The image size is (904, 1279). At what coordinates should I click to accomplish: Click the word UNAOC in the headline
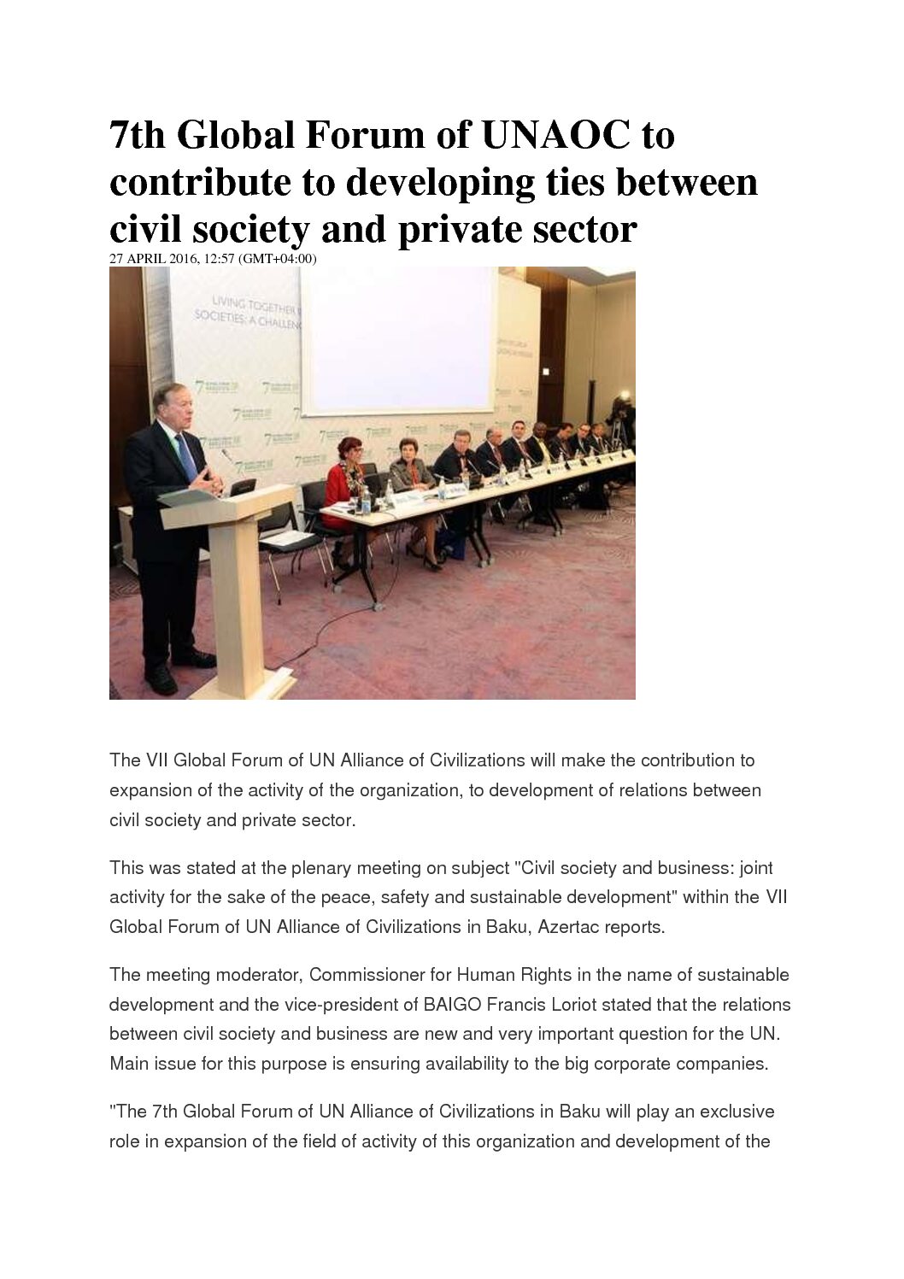click(x=557, y=136)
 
